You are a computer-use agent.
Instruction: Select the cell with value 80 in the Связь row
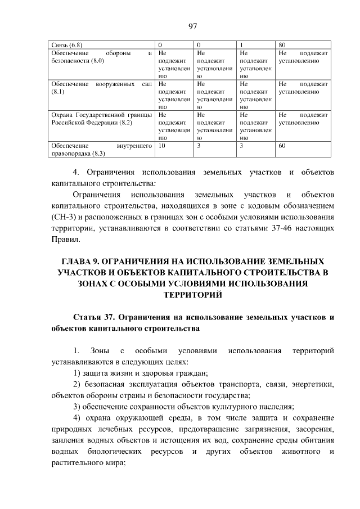pos(282,43)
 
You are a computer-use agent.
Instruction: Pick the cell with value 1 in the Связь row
pos(241,43)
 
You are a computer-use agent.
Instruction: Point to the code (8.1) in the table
pos(58,91)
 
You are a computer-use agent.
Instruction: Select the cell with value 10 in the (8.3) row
pos(162,146)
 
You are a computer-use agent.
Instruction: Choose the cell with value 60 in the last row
pos(282,146)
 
